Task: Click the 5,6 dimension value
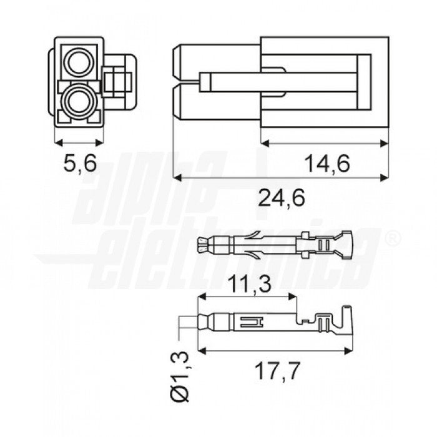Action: point(80,163)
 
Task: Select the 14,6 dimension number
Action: point(327,164)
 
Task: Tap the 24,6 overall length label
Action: point(282,198)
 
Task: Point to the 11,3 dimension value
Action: point(250,283)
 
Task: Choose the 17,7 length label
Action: point(278,371)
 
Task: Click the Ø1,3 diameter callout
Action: point(180,377)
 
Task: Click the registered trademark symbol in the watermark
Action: point(393,240)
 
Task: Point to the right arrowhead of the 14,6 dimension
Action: point(385,144)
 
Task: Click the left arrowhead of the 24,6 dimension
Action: point(177,178)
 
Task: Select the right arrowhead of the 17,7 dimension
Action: point(348,351)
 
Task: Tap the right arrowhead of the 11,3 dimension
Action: point(293,297)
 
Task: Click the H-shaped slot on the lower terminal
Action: point(252,322)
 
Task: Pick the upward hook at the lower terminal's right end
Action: point(347,318)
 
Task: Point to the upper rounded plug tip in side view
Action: point(177,62)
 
